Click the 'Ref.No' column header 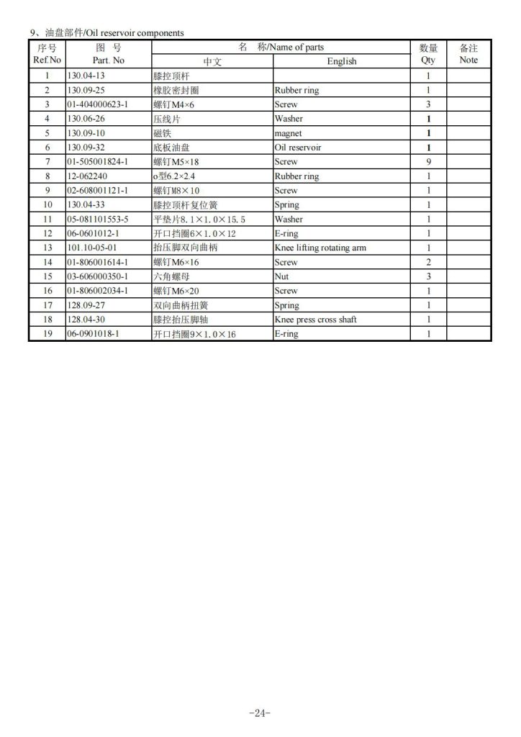47,60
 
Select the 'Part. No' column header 109,60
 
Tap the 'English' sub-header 341,61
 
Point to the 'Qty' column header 428,60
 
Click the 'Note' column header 468,60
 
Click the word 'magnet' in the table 288,133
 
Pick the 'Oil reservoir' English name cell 296,148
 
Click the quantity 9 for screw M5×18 428,162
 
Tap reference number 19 47,334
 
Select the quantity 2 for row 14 428,262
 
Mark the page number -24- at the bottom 259,713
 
